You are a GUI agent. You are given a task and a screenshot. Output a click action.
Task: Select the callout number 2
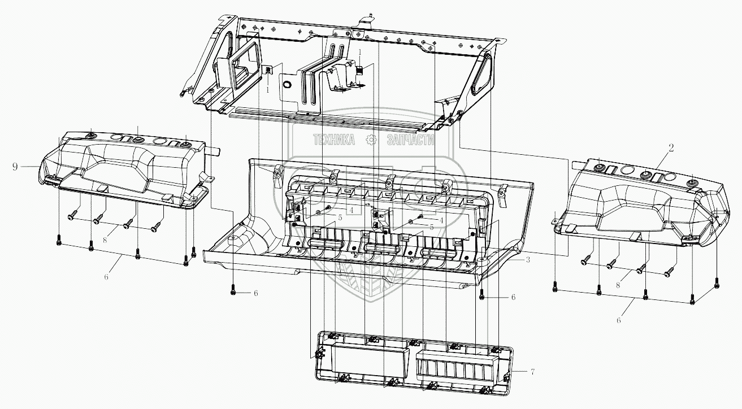[671, 149]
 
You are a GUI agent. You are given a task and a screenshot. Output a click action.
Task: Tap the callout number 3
[527, 260]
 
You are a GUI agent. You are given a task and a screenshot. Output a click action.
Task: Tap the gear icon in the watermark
[371, 140]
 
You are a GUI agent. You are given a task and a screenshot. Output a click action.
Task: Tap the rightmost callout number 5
[431, 227]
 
